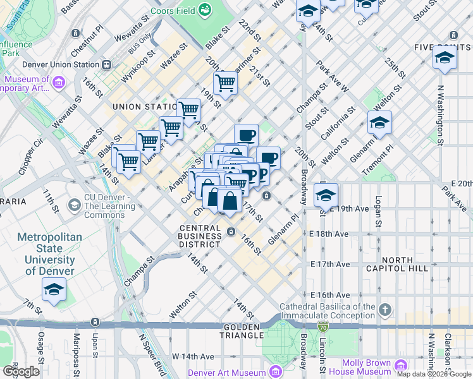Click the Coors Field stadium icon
[205, 9]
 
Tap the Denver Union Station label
[60, 64]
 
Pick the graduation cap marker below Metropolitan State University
[54, 291]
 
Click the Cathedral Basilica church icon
[385, 310]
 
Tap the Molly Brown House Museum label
[366, 367]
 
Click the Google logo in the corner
[21, 371]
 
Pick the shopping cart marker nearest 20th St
[225, 83]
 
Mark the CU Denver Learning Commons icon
[75, 205]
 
